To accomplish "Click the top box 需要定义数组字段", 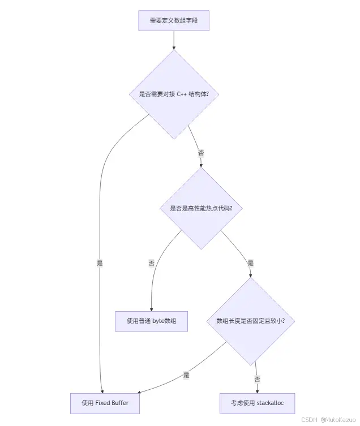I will (174, 20).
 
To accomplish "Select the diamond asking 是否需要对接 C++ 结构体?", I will (174, 94).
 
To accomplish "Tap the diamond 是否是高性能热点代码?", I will (202, 208).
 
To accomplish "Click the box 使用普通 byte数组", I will (152, 321).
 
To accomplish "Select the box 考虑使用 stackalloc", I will (257, 403).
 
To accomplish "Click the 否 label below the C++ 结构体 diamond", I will (201, 153).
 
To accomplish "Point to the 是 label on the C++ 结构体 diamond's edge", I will (100, 263).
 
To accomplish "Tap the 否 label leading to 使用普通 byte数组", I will (152, 263).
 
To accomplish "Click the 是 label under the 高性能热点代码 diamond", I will (251, 263).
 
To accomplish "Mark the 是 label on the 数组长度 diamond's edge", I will (186, 375).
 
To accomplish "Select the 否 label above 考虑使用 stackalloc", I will (258, 379).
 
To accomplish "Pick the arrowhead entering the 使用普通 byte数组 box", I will (152, 308).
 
